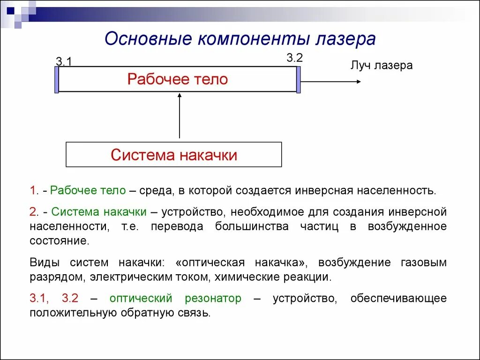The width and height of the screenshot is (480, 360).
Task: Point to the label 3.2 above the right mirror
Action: pos(295,58)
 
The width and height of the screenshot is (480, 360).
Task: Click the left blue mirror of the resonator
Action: pos(57,80)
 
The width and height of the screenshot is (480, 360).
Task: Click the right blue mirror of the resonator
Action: pos(298,80)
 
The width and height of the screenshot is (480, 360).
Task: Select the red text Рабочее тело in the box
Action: pos(177,79)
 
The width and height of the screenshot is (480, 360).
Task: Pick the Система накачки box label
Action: pos(174,155)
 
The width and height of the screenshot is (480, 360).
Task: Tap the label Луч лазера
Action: pos(381,65)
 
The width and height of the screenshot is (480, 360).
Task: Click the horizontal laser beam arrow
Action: pos(330,82)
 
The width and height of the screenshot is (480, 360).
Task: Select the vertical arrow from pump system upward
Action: pos(180,116)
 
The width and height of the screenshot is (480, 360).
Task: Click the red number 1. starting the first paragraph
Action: pos(34,190)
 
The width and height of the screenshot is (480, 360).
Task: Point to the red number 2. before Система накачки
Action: pos(34,212)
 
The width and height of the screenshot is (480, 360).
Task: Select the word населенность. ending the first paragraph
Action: pos(397,190)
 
